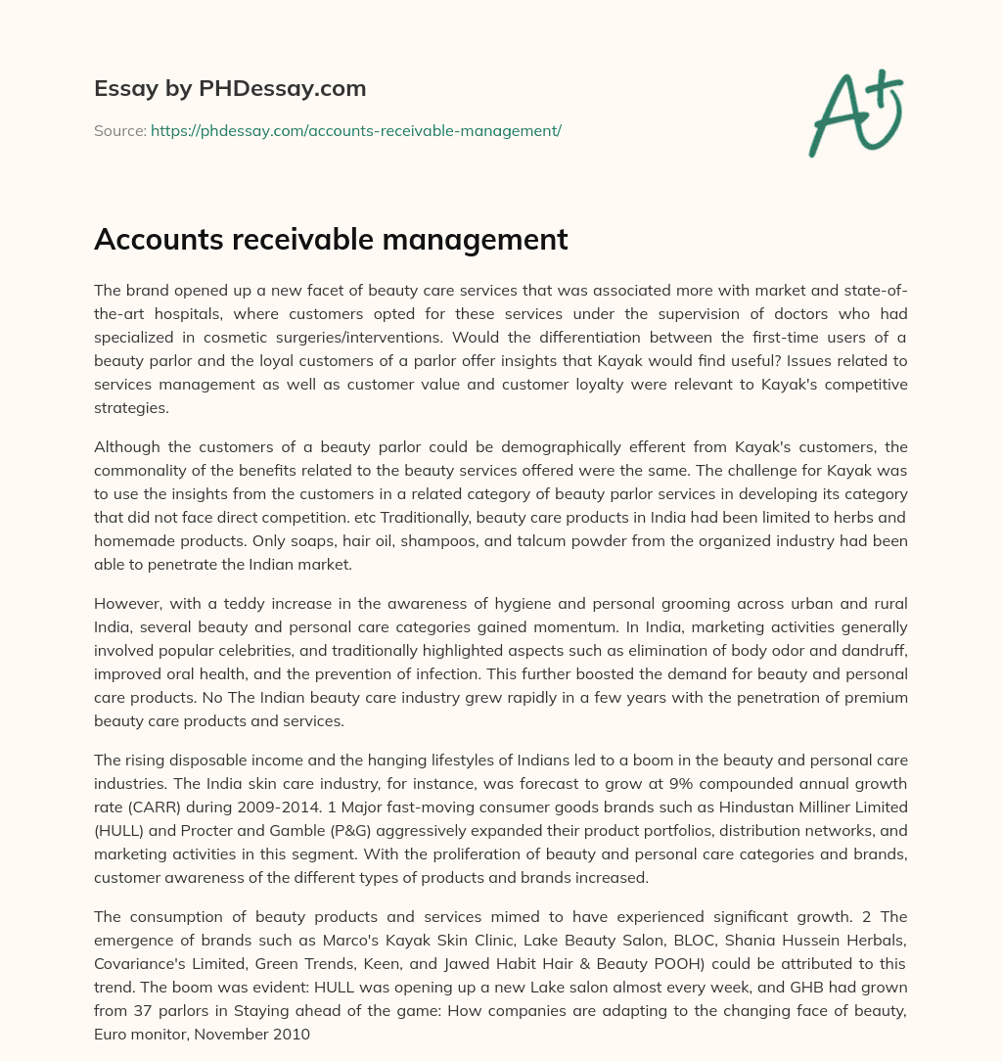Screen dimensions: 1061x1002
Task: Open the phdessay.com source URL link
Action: [355, 130]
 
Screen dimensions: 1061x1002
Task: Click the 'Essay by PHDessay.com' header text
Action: [230, 88]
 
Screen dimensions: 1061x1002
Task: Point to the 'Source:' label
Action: [119, 130]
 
